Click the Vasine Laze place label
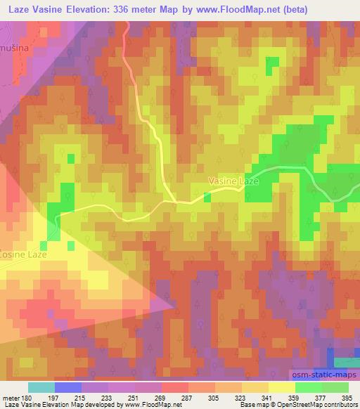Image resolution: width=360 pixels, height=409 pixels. [234, 181]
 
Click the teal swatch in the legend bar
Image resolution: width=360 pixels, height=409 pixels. [41, 387]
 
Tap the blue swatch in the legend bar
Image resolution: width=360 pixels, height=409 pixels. [67, 387]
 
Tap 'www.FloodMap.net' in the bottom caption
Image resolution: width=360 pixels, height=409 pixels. [152, 405]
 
